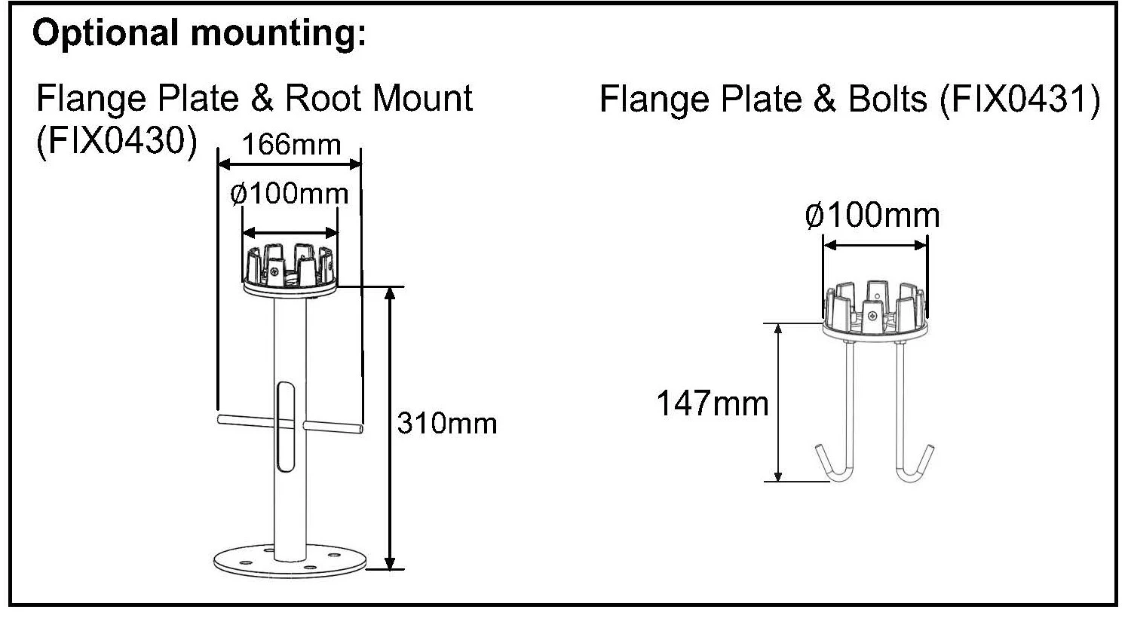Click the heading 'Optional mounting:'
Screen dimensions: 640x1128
199,34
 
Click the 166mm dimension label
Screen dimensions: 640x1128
291,144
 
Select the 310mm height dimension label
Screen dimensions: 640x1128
446,424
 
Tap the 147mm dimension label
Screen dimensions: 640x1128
712,403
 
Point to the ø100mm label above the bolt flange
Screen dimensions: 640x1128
872,216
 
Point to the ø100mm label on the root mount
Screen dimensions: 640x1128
290,194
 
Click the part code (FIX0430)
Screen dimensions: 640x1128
117,140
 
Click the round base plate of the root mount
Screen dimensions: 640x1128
290,560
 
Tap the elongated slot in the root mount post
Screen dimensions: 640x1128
287,427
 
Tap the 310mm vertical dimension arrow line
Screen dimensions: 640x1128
389,428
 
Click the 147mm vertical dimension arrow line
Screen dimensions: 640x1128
778,402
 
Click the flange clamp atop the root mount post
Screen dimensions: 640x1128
290,267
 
